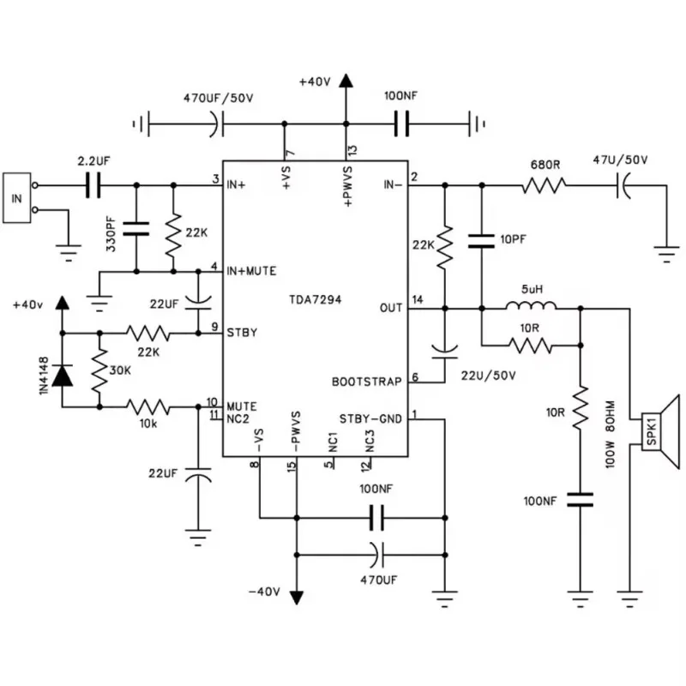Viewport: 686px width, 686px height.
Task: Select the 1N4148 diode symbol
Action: [x=62, y=375]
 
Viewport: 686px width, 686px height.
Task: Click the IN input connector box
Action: [x=16, y=198]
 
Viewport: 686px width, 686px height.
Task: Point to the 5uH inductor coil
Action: [x=530, y=307]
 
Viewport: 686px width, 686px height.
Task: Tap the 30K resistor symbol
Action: [x=99, y=371]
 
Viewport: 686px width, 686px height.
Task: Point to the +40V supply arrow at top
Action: [x=346, y=83]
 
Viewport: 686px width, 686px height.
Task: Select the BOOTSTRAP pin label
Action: [x=367, y=382]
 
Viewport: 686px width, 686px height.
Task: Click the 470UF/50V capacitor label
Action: [x=219, y=98]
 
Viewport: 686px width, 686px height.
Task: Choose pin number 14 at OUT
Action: [x=418, y=300]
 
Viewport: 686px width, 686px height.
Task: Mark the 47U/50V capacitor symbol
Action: [x=623, y=184]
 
